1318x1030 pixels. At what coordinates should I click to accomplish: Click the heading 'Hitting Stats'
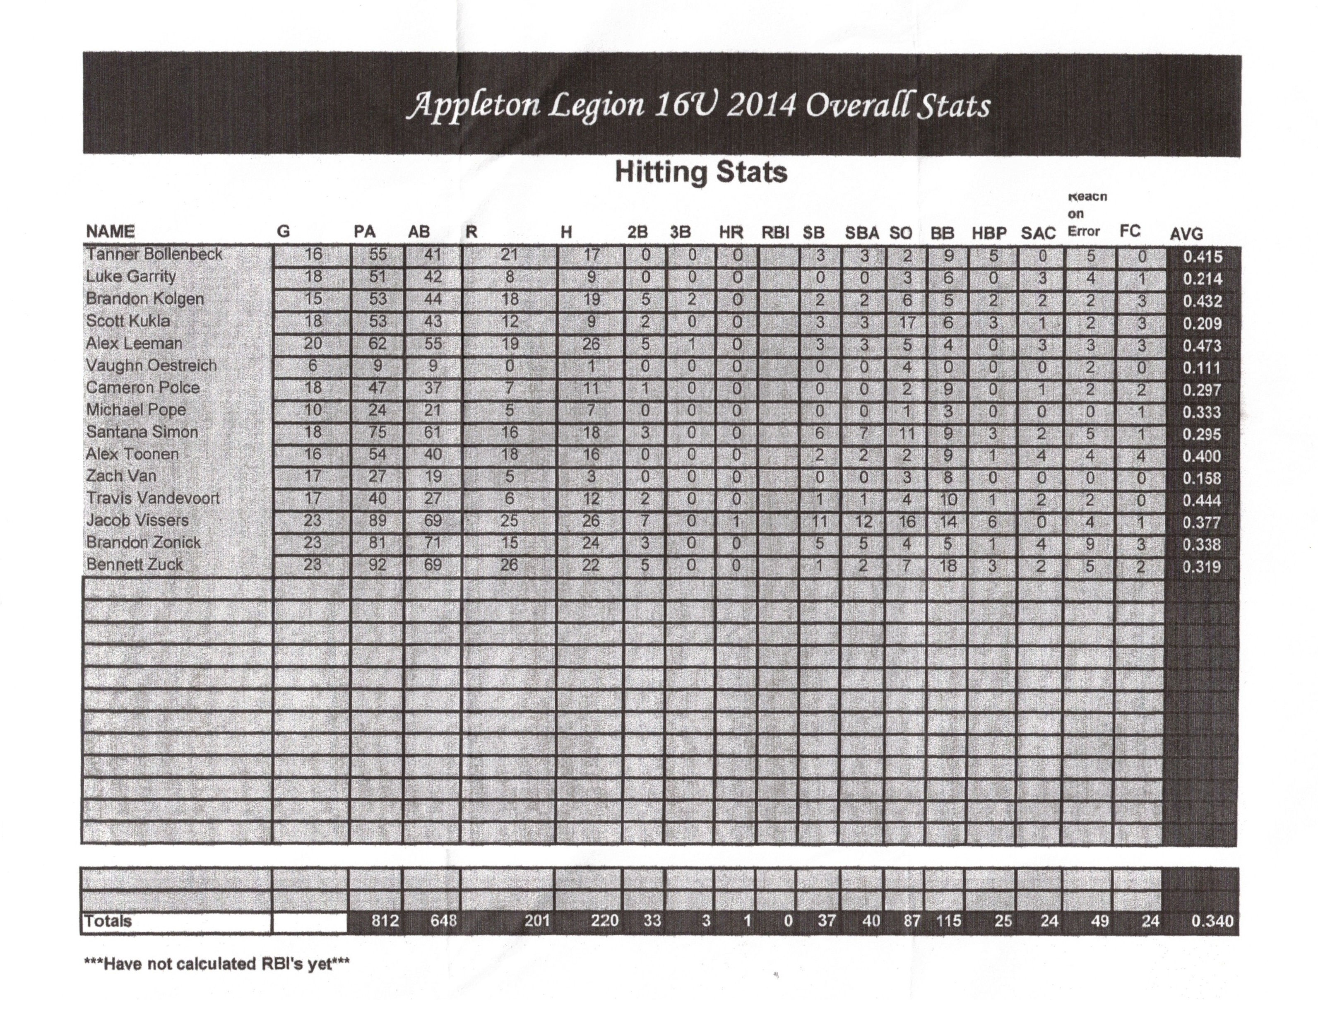(701, 173)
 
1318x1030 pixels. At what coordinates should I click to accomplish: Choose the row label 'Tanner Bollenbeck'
(154, 255)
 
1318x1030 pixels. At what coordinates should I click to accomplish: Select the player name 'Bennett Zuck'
(134, 565)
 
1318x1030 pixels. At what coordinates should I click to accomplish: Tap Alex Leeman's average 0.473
(1202, 346)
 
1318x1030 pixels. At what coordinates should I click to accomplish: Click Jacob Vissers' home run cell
(736, 521)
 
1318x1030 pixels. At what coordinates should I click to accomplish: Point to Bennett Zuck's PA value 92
(377, 566)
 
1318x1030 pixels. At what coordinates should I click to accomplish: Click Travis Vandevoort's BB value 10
(948, 500)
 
